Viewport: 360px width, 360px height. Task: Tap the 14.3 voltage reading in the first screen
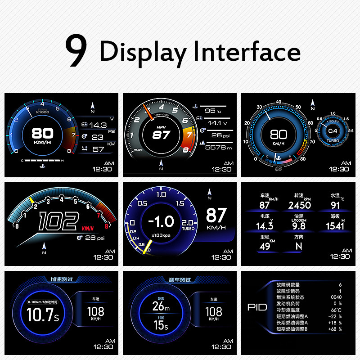pos(98,125)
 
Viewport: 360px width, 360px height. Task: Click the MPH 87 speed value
pos(161,135)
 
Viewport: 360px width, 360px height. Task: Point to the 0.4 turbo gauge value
pos(333,131)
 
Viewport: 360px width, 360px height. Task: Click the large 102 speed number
pos(57,222)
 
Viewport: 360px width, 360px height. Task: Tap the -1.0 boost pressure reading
pos(161,221)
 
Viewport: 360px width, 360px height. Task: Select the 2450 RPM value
pos(299,205)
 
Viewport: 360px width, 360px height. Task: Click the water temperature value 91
pos(335,205)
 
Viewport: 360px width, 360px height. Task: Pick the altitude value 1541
pos(335,226)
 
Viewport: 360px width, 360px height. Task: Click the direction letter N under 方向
pos(299,247)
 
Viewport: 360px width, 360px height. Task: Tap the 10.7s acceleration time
pos(43,315)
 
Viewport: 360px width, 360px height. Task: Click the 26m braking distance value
pos(161,306)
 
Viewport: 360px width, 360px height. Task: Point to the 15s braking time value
pos(161,325)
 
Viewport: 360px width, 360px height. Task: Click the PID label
pos(257,308)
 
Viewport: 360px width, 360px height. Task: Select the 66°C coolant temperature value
pos(334,310)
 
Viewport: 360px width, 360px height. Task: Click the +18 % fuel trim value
pos(334,323)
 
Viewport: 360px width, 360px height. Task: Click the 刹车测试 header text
pos(180,279)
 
